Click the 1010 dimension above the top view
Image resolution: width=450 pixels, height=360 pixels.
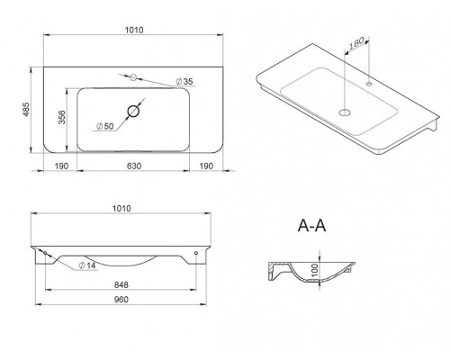[134, 30]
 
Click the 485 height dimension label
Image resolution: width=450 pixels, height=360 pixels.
[26, 110]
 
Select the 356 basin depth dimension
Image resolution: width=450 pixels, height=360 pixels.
[61, 117]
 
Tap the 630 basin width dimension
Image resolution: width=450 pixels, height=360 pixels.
[134, 166]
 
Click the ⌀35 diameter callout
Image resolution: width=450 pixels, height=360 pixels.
[184, 81]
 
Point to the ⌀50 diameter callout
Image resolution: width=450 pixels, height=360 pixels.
[105, 126]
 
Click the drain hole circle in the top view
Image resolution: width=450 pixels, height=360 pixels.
[133, 112]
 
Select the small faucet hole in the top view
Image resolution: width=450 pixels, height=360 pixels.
[133, 77]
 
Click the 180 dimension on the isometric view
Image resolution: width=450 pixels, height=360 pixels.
[356, 43]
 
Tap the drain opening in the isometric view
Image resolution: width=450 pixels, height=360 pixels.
[345, 112]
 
